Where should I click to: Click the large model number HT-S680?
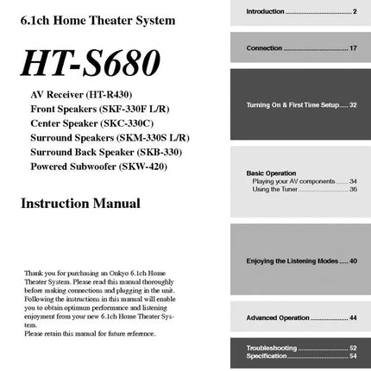point(91,63)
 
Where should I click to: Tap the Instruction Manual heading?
point(80,204)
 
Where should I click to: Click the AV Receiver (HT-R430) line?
point(81,94)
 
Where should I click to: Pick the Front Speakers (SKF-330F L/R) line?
point(99,109)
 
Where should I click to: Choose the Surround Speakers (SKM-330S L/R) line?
point(110,137)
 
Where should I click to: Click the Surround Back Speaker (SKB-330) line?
point(105,152)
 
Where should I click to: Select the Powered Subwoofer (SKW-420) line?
point(98,166)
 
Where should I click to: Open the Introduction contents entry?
point(301,11)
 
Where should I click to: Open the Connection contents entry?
point(301,48)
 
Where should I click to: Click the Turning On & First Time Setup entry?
point(301,104)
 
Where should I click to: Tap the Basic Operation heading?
point(271,173)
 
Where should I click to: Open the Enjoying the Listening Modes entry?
point(301,261)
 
